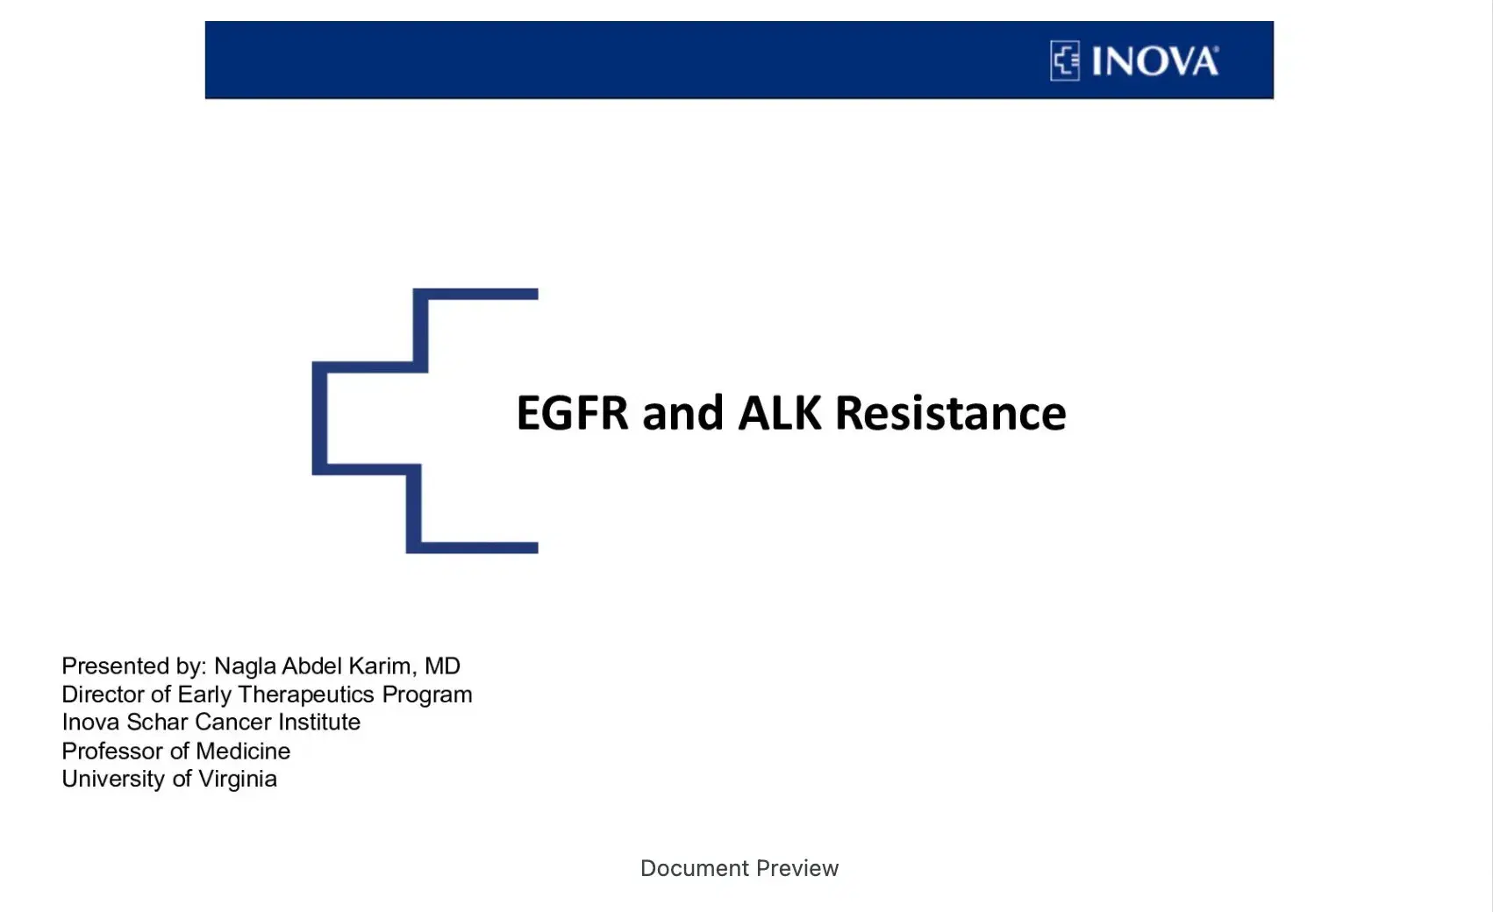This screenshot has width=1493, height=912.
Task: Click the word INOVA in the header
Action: pos(1154,62)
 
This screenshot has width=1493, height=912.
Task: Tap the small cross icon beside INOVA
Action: pos(1065,61)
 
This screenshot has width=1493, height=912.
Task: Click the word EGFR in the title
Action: pos(572,413)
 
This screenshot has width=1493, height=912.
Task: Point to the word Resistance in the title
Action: pos(950,413)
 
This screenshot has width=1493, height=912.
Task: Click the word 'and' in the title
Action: pos(682,413)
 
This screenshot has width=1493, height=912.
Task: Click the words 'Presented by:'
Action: pos(133,666)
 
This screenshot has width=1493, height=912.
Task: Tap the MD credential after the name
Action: pos(442,666)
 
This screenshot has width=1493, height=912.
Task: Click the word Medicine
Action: pos(243,751)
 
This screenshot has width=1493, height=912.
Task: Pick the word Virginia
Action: pos(237,779)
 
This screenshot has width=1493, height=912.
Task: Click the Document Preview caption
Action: pos(739,868)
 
